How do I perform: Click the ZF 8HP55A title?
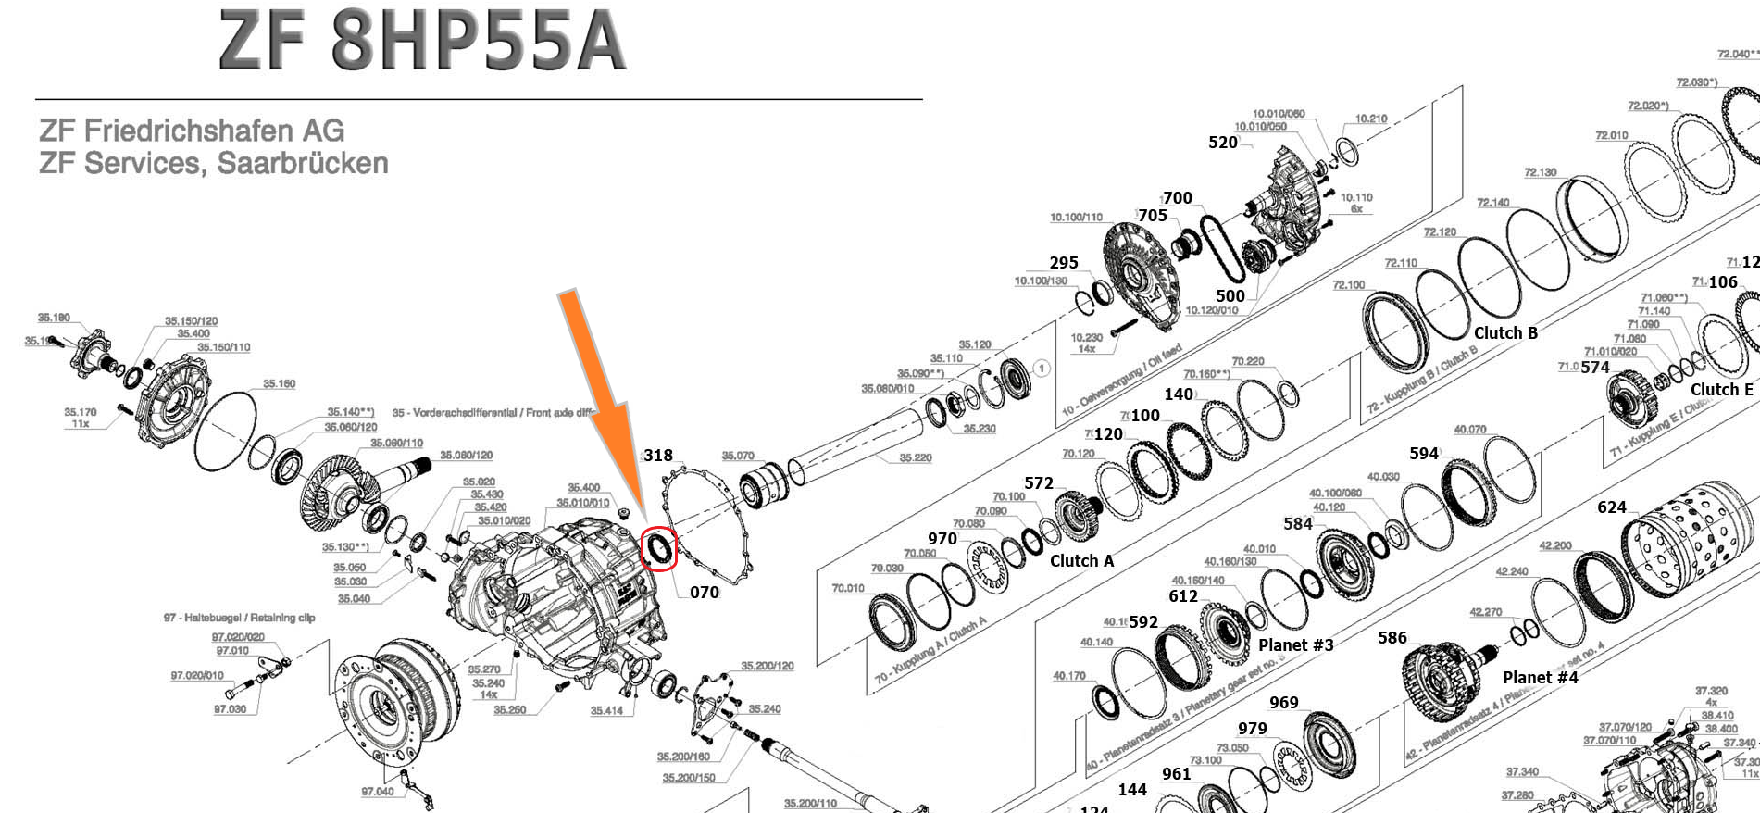pos(422,43)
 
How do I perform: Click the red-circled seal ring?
pos(659,548)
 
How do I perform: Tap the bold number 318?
pos(658,456)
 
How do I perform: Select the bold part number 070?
pos(705,593)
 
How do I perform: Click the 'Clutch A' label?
pos(1081,561)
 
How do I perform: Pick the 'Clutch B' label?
pos(1505,333)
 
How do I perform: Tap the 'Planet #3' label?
pos(1295,645)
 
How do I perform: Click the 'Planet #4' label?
pos(1540,678)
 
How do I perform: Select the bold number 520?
pos(1223,143)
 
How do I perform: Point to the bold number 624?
pos(1612,507)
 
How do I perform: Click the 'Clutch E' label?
pos(1721,390)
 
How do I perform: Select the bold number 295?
pos(1064,263)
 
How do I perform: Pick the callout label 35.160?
pos(279,383)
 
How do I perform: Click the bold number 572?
pos(1039,483)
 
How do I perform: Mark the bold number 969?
pos(1283,703)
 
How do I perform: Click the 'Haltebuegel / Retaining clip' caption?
pos(240,618)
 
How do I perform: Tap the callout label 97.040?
pos(377,792)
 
